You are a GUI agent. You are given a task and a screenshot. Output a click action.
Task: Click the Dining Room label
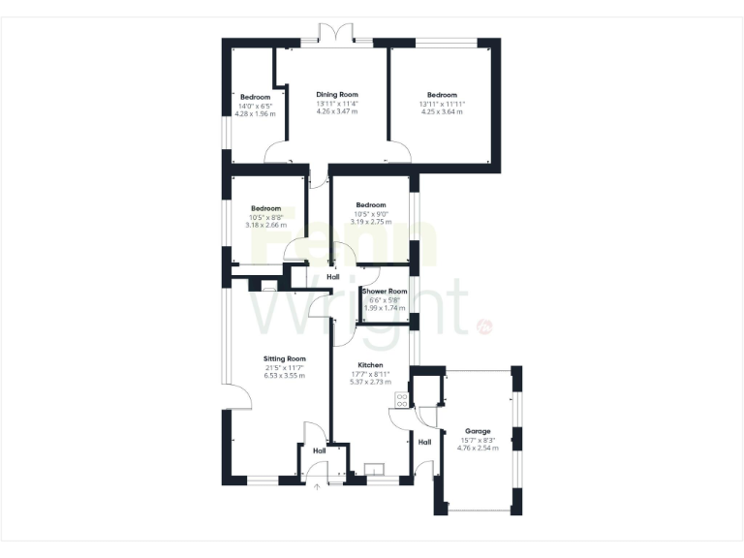click(x=336, y=94)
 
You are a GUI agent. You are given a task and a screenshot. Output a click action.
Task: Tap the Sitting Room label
click(x=284, y=358)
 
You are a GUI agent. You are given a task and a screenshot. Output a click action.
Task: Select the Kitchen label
click(x=370, y=365)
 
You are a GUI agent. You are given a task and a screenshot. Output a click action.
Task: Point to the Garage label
click(x=478, y=432)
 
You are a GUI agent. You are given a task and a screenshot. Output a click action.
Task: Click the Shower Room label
click(x=384, y=291)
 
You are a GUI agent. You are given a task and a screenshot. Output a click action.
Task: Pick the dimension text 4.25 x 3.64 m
click(x=441, y=111)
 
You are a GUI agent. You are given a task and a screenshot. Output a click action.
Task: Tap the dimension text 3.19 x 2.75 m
click(x=371, y=222)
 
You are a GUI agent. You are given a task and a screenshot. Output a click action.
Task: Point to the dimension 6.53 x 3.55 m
click(x=284, y=375)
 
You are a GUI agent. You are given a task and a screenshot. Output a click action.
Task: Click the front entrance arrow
click(x=317, y=487)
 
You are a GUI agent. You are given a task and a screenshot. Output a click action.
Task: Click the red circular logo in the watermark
click(x=484, y=327)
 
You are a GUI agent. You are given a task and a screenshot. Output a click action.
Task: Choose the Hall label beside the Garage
click(x=424, y=443)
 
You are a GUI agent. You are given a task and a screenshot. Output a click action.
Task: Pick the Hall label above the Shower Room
click(x=333, y=278)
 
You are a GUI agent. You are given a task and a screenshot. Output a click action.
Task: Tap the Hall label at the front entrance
click(x=319, y=451)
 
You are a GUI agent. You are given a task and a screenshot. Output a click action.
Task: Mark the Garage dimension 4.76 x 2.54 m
click(x=478, y=449)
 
